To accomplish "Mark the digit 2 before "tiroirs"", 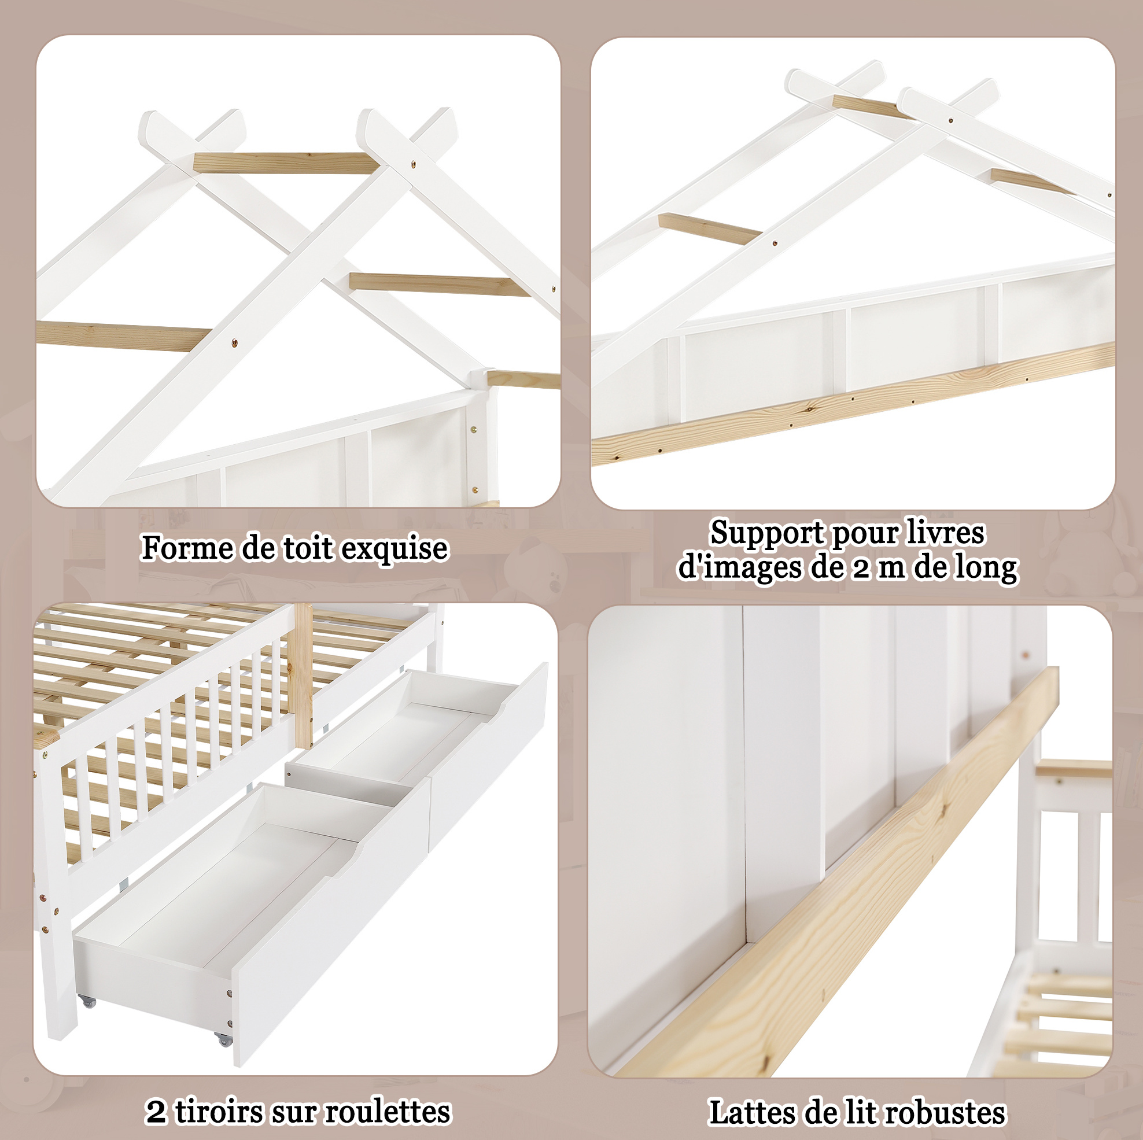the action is [x=156, y=1112].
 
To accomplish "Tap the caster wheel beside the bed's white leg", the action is [x=87, y=1002].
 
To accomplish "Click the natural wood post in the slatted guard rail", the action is [x=303, y=675].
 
